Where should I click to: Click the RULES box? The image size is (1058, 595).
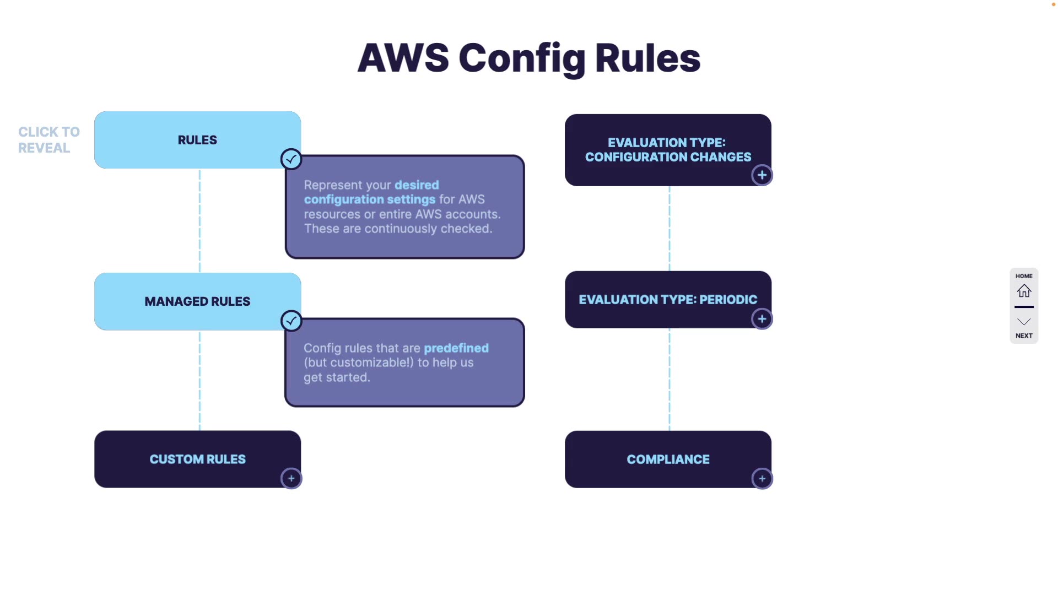(x=197, y=140)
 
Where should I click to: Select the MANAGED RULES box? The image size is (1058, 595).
(x=197, y=301)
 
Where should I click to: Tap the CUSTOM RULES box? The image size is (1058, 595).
(x=197, y=459)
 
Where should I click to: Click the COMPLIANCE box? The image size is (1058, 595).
(x=668, y=459)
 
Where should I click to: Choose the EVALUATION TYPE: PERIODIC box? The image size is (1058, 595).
(x=668, y=299)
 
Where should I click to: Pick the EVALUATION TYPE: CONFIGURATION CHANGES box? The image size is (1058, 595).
(x=668, y=149)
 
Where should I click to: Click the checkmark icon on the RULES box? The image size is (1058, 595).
(x=291, y=159)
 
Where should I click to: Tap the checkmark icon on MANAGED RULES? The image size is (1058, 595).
(x=291, y=321)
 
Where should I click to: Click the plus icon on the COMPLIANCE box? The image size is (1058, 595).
(x=762, y=479)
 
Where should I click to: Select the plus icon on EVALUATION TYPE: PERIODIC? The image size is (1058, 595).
(x=762, y=319)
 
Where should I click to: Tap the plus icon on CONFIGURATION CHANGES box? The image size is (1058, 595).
(x=762, y=175)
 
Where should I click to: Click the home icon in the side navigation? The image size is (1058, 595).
(x=1024, y=290)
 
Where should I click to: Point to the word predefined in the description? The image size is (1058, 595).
(x=456, y=348)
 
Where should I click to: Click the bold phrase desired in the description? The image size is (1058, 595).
(x=417, y=185)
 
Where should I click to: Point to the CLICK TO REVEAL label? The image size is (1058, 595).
(x=48, y=140)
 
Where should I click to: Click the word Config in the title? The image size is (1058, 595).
(x=522, y=58)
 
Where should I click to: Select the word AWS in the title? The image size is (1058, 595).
(x=403, y=58)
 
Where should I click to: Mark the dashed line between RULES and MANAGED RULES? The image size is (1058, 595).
(x=199, y=220)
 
